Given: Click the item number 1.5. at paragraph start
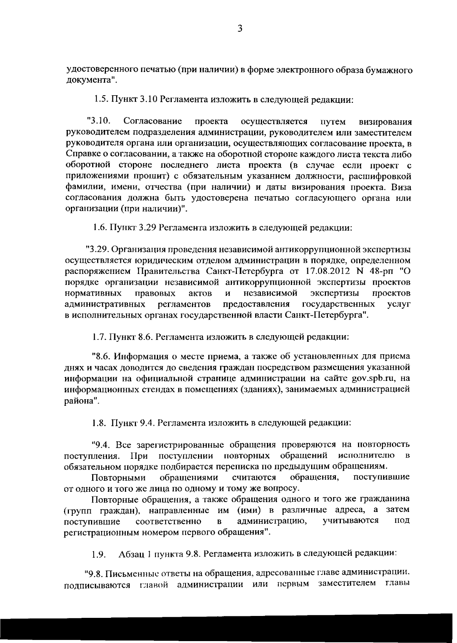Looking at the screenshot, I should [102, 100].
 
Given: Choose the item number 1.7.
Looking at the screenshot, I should [101, 337].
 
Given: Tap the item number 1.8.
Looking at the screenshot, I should [101, 423].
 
